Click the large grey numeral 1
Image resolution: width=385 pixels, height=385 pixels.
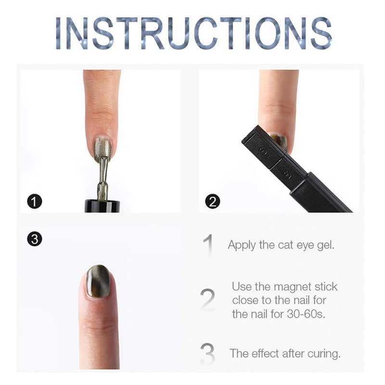tap(208, 244)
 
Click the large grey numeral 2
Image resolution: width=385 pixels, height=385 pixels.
tap(208, 299)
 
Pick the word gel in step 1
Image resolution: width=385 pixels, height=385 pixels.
tap(325, 245)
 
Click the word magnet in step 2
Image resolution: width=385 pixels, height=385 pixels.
tap(286, 287)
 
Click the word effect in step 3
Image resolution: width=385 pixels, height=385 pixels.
tap(266, 353)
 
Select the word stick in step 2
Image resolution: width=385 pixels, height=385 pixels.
tap(326, 287)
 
